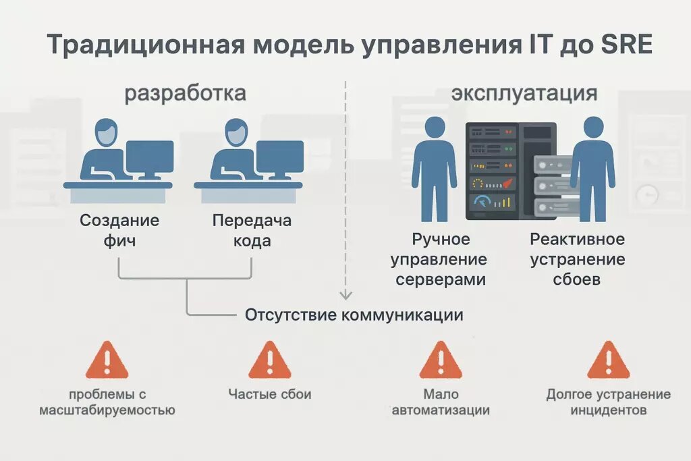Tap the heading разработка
(x=185, y=93)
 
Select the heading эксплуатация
(x=524, y=93)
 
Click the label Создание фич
(x=119, y=230)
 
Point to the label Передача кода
(x=252, y=230)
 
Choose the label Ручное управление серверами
(x=439, y=259)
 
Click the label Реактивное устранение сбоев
(x=577, y=259)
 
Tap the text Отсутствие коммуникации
(x=354, y=315)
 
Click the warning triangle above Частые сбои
(x=269, y=360)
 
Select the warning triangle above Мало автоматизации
(x=440, y=360)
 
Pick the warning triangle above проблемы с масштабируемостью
(x=107, y=360)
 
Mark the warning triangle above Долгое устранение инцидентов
(x=608, y=360)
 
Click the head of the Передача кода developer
(x=236, y=132)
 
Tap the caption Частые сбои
(x=269, y=394)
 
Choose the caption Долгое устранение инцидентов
(x=608, y=402)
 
